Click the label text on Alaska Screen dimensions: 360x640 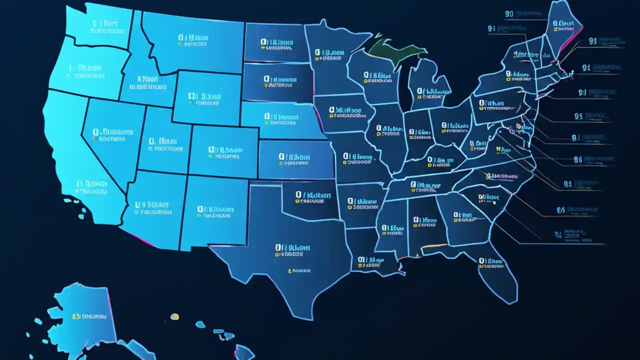click(x=89, y=316)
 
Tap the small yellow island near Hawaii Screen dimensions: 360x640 click(x=174, y=316)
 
